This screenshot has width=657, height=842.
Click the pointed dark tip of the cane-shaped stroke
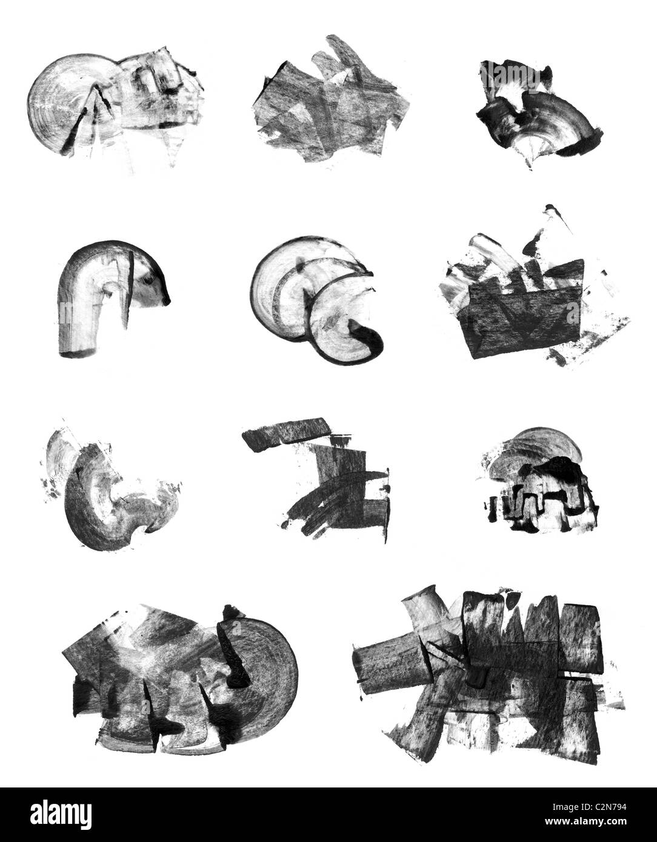(x=167, y=301)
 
